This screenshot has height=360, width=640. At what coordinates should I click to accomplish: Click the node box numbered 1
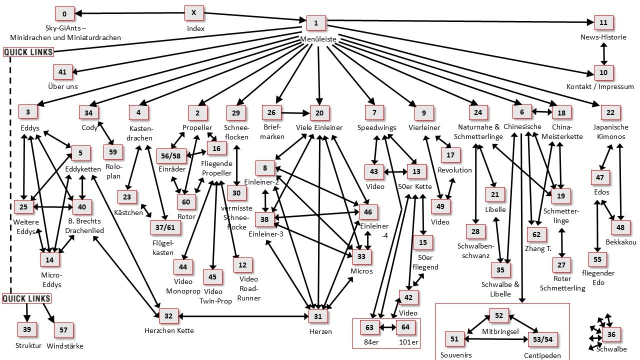click(x=315, y=22)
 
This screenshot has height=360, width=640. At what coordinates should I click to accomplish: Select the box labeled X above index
click(x=193, y=13)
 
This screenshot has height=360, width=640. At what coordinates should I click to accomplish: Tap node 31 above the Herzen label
click(x=318, y=316)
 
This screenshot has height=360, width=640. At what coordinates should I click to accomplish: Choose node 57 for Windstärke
click(x=63, y=329)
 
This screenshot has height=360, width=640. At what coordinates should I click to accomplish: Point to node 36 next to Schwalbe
click(x=611, y=334)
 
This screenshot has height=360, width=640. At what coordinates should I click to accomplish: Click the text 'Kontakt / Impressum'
click(x=600, y=86)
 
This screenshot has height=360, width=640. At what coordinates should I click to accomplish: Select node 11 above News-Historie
click(x=603, y=22)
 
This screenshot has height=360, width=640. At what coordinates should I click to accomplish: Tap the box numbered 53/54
click(x=542, y=339)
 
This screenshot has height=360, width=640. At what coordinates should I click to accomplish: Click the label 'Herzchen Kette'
click(x=169, y=330)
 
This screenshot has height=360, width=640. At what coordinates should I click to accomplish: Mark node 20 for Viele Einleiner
click(x=319, y=112)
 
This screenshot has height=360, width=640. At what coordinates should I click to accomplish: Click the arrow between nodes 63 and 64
click(x=388, y=328)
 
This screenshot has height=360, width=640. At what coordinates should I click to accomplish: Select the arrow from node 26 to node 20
click(x=296, y=113)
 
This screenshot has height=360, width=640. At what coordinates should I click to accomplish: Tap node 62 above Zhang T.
click(x=536, y=234)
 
